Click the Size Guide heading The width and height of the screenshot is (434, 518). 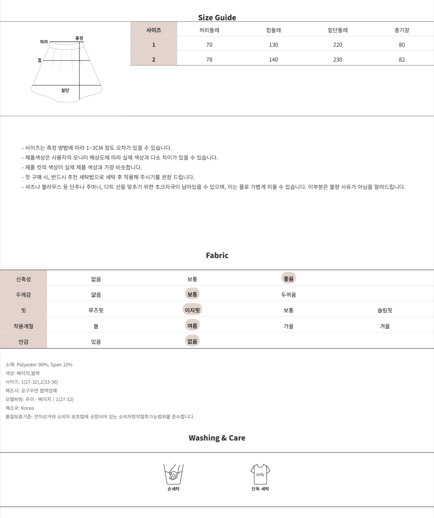click(217, 17)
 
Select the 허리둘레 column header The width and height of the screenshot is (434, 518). click(209, 30)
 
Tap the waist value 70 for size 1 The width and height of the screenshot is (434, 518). click(209, 45)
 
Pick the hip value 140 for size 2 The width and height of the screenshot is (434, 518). click(273, 60)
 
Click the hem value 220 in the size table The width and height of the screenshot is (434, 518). click(337, 45)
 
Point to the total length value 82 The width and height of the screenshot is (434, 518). click(402, 60)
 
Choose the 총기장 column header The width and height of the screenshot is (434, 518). click(402, 30)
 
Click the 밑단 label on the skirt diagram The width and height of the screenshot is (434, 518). click(65, 90)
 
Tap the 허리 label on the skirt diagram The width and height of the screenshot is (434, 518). click(44, 42)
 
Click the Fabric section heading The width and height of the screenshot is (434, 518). click(217, 255)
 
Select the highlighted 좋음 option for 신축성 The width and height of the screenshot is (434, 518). click(289, 278)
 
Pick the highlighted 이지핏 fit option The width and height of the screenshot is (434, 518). click(192, 310)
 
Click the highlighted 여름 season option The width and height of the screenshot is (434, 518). click(192, 325)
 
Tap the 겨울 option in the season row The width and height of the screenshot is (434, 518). click(385, 326)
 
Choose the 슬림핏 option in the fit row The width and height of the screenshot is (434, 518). click(385, 310)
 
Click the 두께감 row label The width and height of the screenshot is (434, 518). click(24, 295)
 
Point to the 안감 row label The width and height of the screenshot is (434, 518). click(24, 342)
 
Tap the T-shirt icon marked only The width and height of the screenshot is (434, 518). click(260, 474)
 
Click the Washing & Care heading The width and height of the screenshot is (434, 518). click(217, 438)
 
